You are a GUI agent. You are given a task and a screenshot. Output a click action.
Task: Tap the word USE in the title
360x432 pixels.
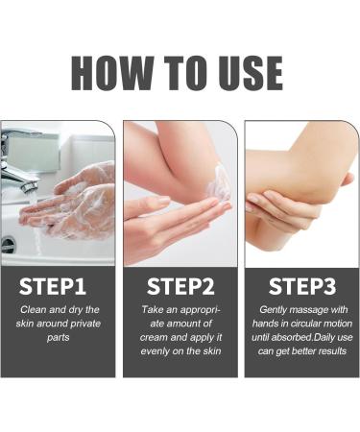click(x=251, y=73)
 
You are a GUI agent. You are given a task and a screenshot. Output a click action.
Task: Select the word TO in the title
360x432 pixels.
click(x=186, y=73)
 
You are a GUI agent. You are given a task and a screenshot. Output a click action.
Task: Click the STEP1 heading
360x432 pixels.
click(x=53, y=286)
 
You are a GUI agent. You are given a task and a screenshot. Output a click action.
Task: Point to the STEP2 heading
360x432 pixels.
click(x=180, y=286)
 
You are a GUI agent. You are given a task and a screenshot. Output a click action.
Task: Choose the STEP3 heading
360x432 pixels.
click(x=302, y=286)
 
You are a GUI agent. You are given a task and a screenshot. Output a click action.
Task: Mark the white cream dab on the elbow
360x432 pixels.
click(x=219, y=183)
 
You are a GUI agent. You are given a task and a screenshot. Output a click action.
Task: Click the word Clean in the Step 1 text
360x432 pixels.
click(x=30, y=310)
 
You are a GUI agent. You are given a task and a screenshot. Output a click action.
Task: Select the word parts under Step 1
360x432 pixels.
click(x=58, y=338)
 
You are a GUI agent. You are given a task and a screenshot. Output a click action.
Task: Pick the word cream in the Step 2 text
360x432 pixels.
click(x=154, y=338)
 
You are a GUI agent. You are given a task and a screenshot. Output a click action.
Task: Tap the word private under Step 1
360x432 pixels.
click(x=85, y=324)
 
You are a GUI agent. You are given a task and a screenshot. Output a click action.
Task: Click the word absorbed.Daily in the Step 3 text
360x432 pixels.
click(x=299, y=338)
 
